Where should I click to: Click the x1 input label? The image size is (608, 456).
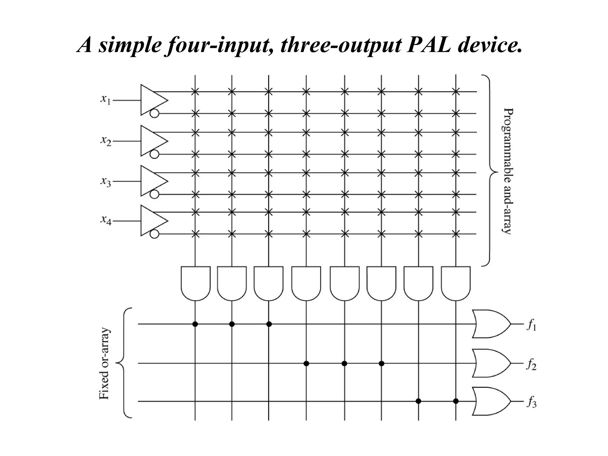coord(105,100)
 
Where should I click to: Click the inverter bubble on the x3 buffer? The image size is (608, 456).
coord(154,194)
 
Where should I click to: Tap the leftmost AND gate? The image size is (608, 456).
coord(195,283)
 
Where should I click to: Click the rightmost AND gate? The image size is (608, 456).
coord(456,283)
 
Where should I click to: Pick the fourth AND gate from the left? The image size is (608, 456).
coord(306,283)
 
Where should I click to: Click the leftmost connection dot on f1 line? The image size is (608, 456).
coord(195,324)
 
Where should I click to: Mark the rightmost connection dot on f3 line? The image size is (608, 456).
coord(456,401)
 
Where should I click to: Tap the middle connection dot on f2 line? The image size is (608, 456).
coord(344,363)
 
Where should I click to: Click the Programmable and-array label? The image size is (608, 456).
coord(508,171)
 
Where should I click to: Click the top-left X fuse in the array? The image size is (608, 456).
coord(195,91)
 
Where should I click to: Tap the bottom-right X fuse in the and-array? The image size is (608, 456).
coord(456,234)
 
